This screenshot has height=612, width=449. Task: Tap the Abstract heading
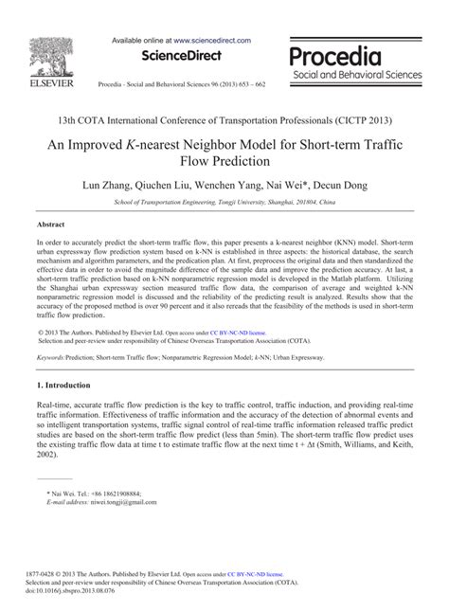click(50, 226)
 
